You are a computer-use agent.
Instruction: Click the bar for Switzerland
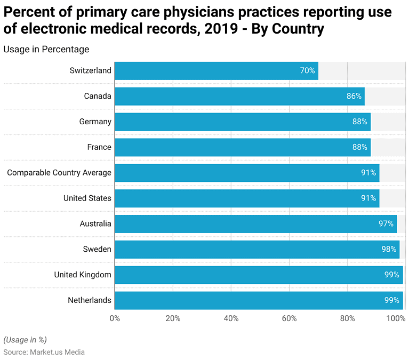click(216, 70)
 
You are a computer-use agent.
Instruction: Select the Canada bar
click(239, 96)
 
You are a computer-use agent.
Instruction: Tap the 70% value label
click(307, 70)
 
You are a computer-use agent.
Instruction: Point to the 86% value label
click(354, 96)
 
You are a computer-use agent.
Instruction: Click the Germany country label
click(95, 122)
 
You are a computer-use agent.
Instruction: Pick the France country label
click(99, 147)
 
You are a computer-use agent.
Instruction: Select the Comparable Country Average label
click(59, 172)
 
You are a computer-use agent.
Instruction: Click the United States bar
click(246, 198)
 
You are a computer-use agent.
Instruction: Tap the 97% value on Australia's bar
click(386, 223)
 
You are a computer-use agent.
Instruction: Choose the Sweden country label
click(97, 249)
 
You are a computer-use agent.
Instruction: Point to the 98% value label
click(389, 249)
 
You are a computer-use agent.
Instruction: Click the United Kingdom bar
click(258, 275)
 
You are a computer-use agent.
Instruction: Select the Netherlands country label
click(90, 300)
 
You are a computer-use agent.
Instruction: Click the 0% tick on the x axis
click(115, 318)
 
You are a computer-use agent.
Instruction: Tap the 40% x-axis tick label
click(231, 318)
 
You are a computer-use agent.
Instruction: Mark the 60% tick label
click(289, 318)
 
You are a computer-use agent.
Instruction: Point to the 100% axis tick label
click(396, 318)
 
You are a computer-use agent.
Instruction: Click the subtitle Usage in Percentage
click(46, 49)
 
